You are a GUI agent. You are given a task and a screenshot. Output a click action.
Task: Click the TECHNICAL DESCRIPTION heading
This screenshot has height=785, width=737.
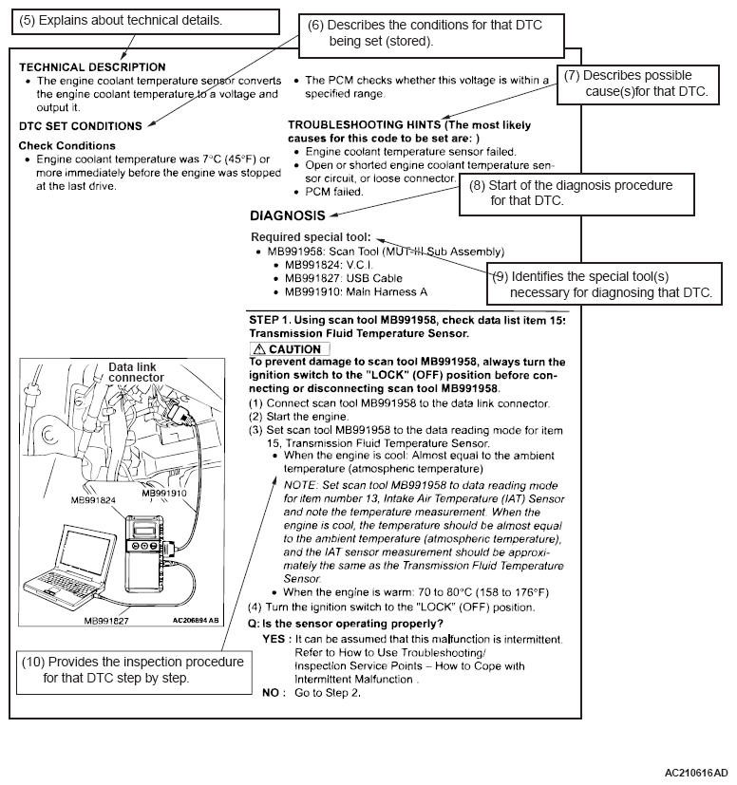click(92, 67)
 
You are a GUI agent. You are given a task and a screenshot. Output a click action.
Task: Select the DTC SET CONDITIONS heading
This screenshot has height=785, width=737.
click(81, 125)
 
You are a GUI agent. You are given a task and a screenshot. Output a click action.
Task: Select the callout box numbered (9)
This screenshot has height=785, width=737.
click(605, 283)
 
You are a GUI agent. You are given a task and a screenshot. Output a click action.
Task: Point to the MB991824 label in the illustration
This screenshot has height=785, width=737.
click(93, 500)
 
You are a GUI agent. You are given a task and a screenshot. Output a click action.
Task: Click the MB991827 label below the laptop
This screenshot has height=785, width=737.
click(106, 620)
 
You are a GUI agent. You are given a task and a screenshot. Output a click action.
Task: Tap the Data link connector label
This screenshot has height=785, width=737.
click(134, 372)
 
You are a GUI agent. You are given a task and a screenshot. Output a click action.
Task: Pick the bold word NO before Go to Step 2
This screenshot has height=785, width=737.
click(271, 693)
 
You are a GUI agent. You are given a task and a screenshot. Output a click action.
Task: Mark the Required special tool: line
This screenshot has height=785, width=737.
click(311, 236)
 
